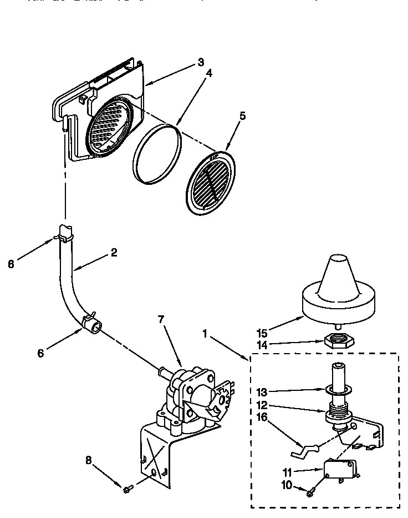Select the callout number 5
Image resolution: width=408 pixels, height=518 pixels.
[x=242, y=116]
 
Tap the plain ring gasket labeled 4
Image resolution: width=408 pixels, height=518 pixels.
[x=157, y=154]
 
